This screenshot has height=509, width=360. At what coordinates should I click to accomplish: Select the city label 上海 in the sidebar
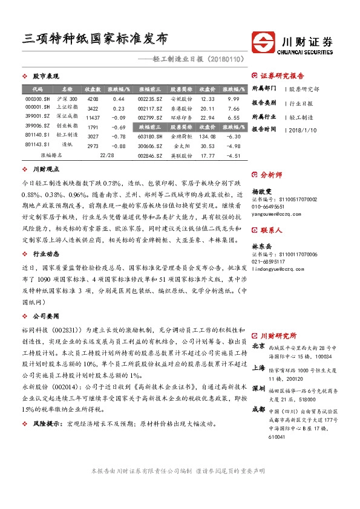(x=258, y=367)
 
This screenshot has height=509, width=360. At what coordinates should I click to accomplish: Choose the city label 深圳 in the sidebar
(x=258, y=387)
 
